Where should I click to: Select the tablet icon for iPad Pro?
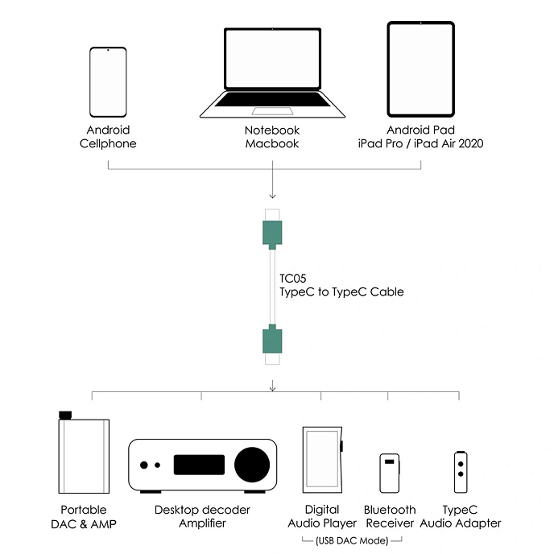click(x=421, y=70)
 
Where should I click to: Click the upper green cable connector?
click(x=272, y=233)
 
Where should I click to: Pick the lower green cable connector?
click(x=272, y=339)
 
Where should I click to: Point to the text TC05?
click(x=292, y=278)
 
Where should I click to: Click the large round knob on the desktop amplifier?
click(x=252, y=465)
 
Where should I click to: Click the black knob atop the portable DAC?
click(x=64, y=415)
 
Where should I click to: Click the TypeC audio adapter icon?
click(x=460, y=473)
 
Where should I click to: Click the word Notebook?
click(x=272, y=130)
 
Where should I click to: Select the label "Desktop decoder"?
click(x=202, y=510)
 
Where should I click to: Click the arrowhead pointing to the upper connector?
click(x=272, y=195)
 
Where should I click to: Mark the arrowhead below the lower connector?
click(x=272, y=388)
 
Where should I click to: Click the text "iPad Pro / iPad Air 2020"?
click(x=421, y=144)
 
